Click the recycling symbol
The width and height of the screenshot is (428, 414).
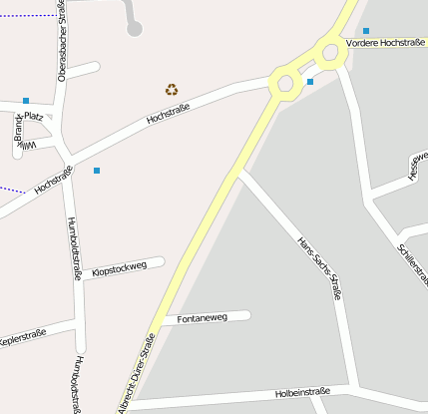coord(172,90)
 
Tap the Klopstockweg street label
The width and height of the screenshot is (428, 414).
coord(119,267)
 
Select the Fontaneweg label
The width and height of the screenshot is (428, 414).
coord(202,318)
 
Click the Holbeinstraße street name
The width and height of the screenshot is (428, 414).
coord(302,394)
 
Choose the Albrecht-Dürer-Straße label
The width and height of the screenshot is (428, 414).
coord(137,375)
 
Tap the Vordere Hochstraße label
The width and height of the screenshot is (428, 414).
coord(386,44)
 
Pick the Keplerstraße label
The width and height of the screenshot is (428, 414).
coord(22,335)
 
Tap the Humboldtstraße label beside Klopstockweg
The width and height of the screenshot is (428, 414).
coord(73,248)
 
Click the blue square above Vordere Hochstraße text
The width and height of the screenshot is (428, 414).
coord(366,31)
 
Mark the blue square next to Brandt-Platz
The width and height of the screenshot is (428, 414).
coord(25,101)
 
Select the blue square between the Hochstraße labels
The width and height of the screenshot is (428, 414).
coord(97,171)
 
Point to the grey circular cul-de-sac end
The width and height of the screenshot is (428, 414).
coord(136,30)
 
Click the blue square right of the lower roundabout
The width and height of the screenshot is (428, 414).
coord(310,81)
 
